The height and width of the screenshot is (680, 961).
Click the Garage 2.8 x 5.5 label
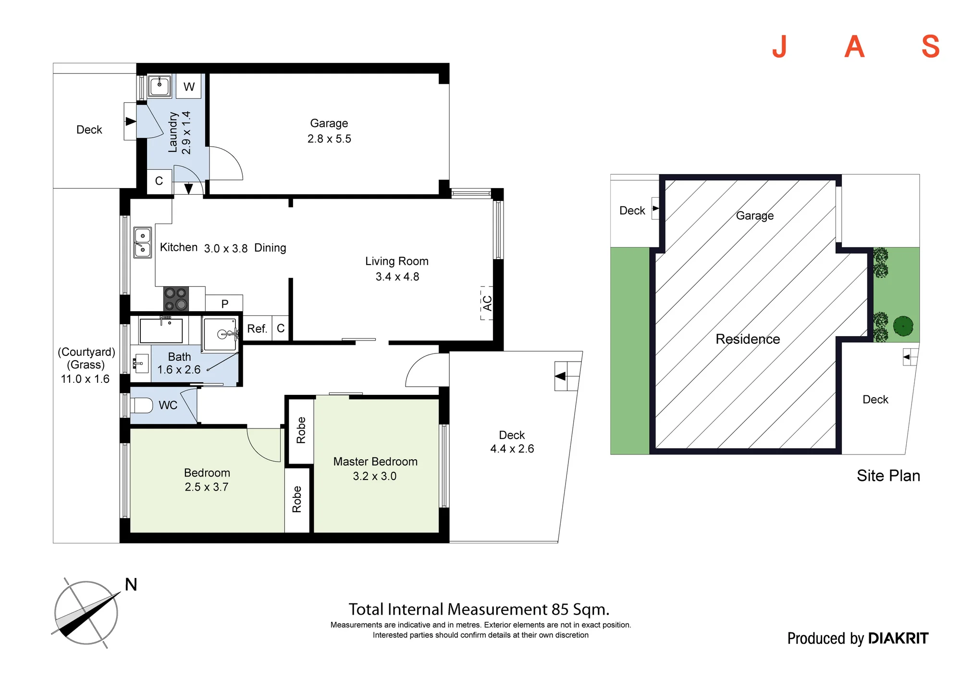point(329,131)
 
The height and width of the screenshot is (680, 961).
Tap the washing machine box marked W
point(189,86)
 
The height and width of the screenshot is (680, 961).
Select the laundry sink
point(160,87)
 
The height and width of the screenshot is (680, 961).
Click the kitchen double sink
point(142,242)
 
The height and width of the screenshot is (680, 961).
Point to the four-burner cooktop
point(176,299)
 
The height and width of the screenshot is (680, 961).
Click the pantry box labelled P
point(224,303)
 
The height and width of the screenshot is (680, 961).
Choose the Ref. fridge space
point(257,328)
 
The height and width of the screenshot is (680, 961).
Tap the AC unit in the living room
point(487,303)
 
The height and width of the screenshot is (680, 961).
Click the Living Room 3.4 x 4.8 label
point(397,269)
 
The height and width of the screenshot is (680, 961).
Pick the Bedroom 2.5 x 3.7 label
point(207,480)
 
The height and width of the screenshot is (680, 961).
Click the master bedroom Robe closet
point(301,430)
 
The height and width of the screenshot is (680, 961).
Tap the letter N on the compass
point(131,584)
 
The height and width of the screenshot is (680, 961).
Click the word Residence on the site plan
point(748,339)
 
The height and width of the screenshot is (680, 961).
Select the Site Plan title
point(888,476)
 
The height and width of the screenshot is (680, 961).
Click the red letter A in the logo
point(854,47)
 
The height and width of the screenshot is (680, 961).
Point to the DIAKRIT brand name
point(899,638)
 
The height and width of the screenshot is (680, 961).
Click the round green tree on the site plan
point(903,327)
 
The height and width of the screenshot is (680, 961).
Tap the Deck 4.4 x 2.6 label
point(512,441)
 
